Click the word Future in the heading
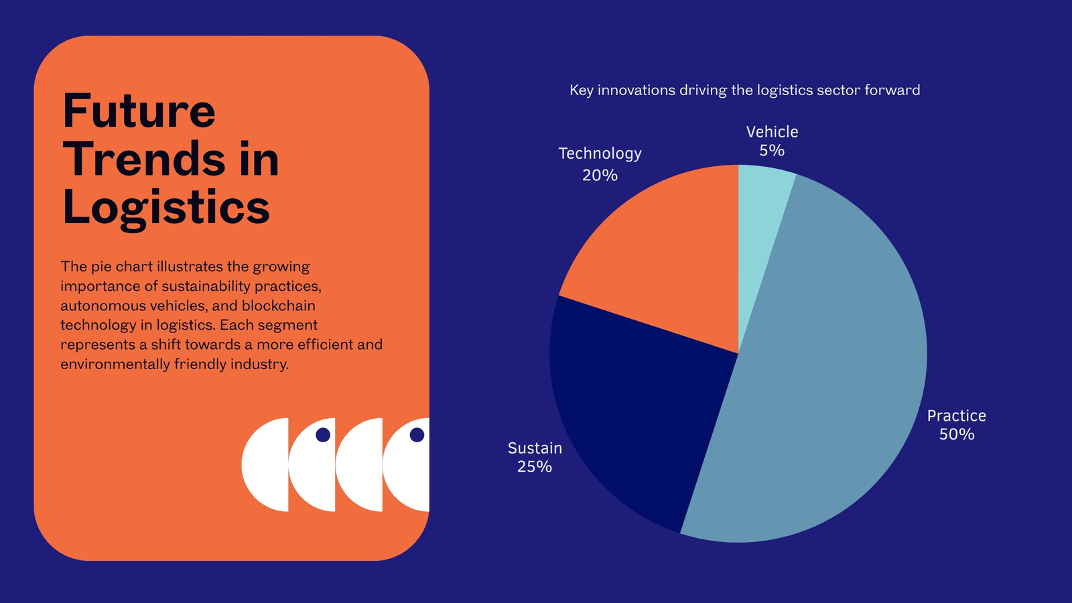[139, 111]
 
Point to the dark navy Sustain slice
[636, 407]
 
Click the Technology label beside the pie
[600, 153]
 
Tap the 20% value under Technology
[600, 175]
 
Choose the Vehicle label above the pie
[772, 131]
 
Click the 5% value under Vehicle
[772, 150]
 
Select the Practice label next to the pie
[957, 415]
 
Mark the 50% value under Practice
[957, 434]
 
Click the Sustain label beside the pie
[535, 448]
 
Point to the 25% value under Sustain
[535, 466]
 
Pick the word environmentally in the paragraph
[115, 364]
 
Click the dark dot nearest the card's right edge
[417, 435]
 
